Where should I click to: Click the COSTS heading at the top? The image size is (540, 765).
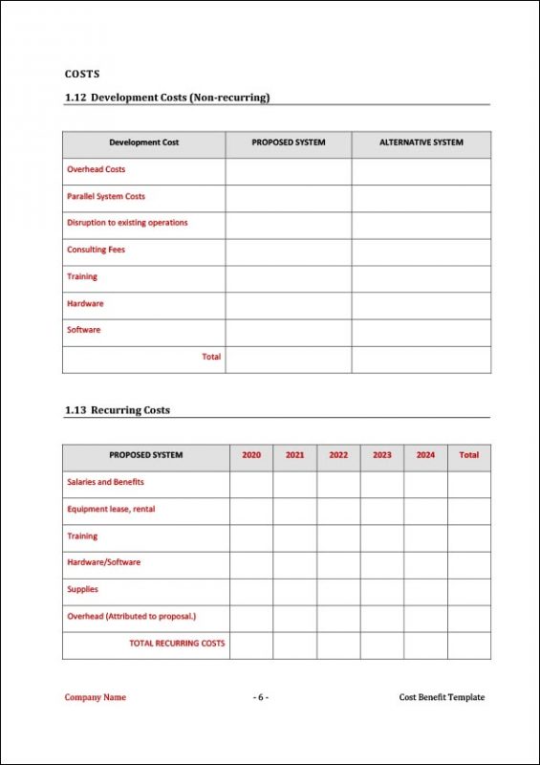(x=82, y=74)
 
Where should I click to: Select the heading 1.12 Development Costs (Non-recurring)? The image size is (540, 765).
(x=167, y=98)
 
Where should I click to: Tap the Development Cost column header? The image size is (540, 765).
(x=143, y=142)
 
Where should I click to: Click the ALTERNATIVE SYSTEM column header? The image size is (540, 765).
(x=421, y=142)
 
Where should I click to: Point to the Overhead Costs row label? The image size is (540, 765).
(x=96, y=169)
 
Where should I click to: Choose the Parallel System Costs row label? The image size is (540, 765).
(x=106, y=196)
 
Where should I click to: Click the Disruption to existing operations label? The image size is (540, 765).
(x=127, y=223)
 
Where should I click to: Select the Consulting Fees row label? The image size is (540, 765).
(x=96, y=250)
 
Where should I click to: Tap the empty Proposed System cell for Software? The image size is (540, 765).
(x=288, y=330)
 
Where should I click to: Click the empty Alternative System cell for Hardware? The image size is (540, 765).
(x=421, y=303)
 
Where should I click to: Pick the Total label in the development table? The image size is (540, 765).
(x=211, y=357)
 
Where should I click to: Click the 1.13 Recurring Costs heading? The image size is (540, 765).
(x=118, y=410)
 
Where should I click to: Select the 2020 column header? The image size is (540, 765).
(x=251, y=455)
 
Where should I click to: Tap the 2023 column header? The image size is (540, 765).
(x=382, y=455)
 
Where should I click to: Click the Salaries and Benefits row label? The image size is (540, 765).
(x=105, y=482)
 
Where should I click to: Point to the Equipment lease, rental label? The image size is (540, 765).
(x=111, y=509)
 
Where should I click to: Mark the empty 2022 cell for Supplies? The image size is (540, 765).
(x=338, y=590)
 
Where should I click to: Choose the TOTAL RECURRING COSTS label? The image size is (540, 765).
(x=177, y=644)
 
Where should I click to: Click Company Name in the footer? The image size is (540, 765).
(x=95, y=697)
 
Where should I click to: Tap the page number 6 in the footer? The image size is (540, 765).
(x=260, y=697)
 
